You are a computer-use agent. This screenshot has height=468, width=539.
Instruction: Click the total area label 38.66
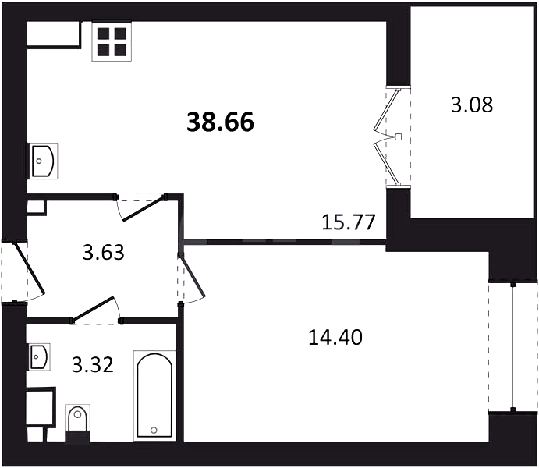click(220, 122)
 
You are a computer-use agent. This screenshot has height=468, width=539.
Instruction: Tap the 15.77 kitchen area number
click(348, 222)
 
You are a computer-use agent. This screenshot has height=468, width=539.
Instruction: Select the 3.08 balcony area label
click(472, 105)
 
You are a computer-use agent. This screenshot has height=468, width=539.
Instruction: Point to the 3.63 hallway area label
click(104, 253)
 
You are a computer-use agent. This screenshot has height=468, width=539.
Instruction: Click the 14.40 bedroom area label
click(335, 337)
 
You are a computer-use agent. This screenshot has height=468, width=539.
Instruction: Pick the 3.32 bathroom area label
click(93, 365)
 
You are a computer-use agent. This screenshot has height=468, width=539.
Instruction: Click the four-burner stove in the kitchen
click(112, 41)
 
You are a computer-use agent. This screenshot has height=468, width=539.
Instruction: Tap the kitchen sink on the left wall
click(42, 161)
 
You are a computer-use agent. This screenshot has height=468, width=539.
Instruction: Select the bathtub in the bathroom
click(154, 396)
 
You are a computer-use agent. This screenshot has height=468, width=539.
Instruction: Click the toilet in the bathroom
click(78, 423)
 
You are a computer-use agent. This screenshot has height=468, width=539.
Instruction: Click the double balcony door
click(388, 136)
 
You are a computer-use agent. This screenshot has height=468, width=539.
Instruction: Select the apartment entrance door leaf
click(29, 268)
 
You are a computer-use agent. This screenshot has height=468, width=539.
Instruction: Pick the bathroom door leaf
click(92, 309)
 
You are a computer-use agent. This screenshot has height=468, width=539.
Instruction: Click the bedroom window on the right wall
click(513, 347)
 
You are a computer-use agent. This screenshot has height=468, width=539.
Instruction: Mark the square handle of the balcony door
click(399, 136)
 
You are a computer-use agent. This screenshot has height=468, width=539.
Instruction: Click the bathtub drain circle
click(154, 430)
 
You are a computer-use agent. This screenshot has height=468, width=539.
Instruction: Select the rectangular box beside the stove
click(55, 34)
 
